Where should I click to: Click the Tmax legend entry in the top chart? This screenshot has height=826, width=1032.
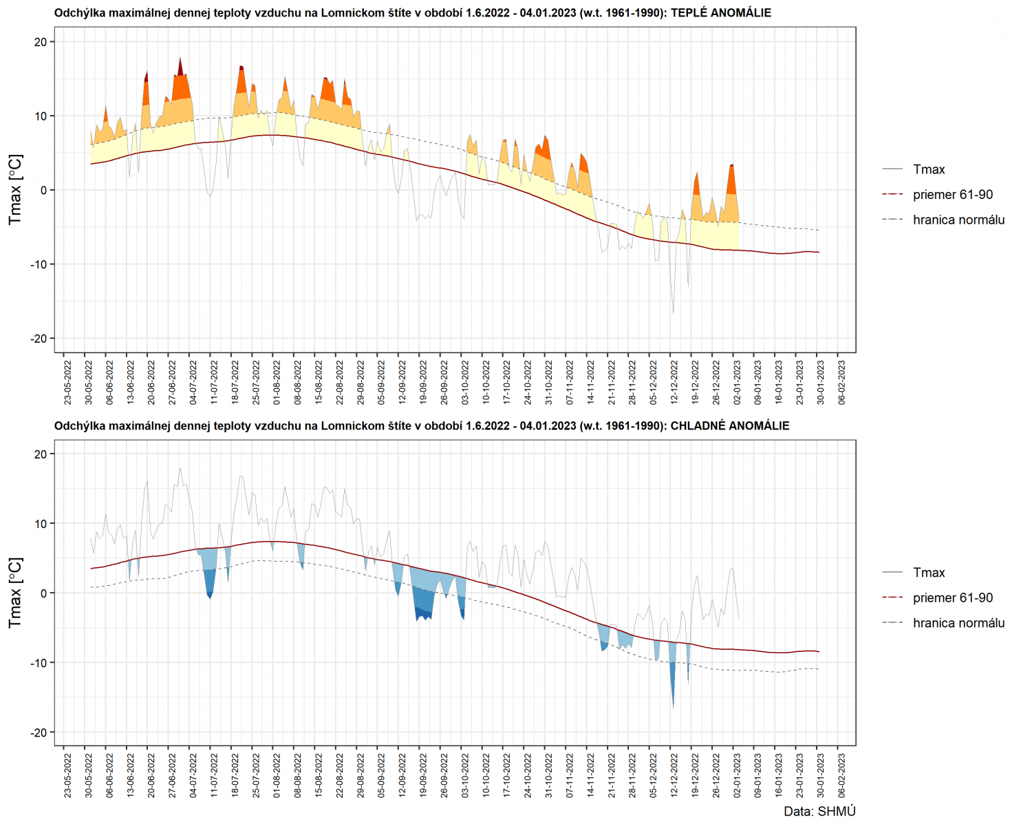[x=928, y=169]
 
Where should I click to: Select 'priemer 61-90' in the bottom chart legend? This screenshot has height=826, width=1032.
[x=952, y=597]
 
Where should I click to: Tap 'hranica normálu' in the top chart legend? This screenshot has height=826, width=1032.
[x=958, y=220]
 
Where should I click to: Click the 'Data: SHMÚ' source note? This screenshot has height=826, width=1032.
[x=819, y=812]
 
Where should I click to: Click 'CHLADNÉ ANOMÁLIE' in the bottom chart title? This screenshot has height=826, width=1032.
[x=729, y=426]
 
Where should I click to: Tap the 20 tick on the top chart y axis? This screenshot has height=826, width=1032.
[x=40, y=42]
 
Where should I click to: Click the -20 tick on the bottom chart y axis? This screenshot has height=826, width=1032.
[x=38, y=732]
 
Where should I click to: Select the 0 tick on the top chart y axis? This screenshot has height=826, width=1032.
[x=43, y=190]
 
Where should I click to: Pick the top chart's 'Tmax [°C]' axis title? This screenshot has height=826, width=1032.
[x=15, y=189]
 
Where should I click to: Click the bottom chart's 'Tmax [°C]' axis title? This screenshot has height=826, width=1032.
[x=15, y=593]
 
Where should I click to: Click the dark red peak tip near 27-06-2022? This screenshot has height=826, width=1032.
[x=180, y=65]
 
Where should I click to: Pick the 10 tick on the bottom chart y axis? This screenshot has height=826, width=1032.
[x=40, y=524]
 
